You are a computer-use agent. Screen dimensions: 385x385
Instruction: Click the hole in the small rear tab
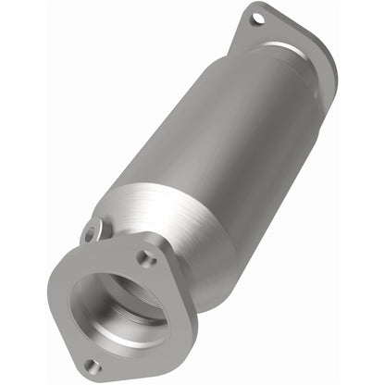[x=90, y=234]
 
